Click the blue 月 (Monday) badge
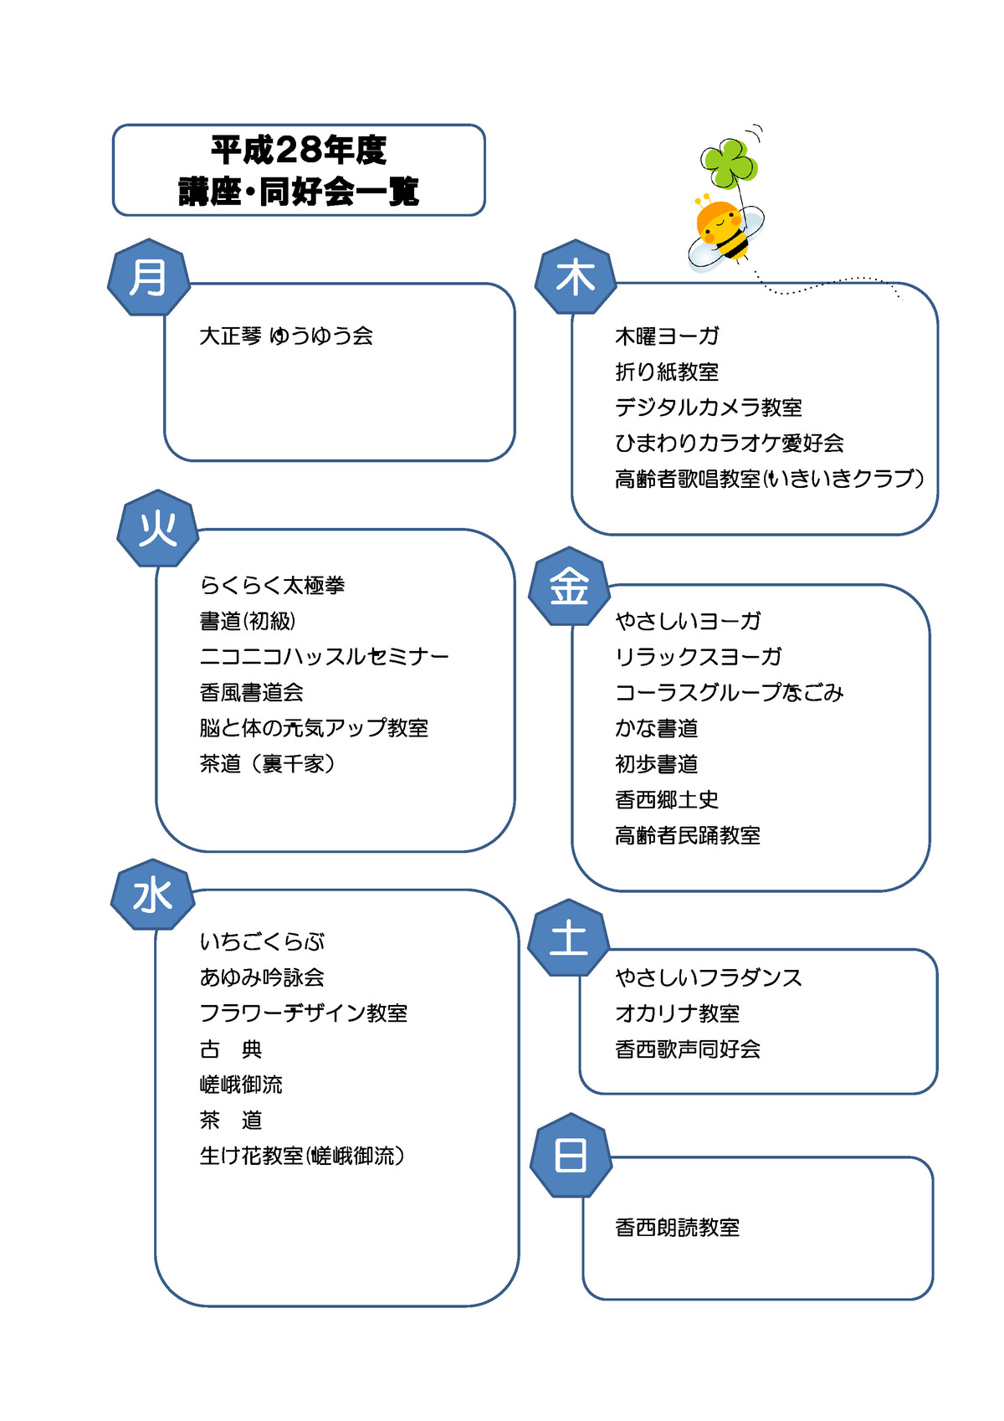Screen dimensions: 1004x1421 click(148, 277)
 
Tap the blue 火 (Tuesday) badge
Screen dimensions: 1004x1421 click(158, 528)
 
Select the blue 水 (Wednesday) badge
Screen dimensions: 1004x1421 click(152, 895)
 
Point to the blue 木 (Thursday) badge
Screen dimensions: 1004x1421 click(576, 277)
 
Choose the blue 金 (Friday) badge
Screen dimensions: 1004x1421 click(569, 586)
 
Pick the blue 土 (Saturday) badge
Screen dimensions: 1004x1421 click(568, 937)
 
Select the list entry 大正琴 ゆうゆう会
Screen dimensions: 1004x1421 click(286, 336)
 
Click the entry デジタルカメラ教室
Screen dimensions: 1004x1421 click(709, 408)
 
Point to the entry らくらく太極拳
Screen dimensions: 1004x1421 click(272, 585)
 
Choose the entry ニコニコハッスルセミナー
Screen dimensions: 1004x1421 click(324, 656)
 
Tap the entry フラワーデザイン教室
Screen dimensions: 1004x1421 click(303, 1013)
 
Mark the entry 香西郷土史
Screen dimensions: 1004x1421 click(667, 799)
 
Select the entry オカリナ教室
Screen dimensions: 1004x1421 click(678, 1013)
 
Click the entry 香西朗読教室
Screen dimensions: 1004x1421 click(678, 1228)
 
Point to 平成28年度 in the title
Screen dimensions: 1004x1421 click(299, 151)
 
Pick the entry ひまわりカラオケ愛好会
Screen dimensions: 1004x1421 click(730, 443)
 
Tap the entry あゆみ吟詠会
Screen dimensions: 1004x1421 click(262, 977)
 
